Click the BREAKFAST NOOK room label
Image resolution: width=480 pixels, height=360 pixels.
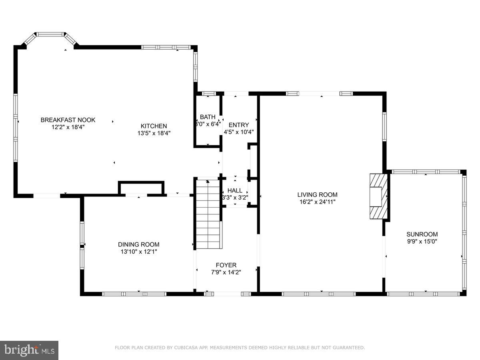point(68,120)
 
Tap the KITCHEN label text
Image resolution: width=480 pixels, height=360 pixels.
point(154,126)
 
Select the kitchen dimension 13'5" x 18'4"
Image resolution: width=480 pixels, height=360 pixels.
point(154,134)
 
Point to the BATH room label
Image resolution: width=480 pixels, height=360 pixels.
point(208,117)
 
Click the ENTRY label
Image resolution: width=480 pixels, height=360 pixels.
point(239,125)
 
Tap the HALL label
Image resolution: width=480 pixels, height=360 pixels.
point(235,190)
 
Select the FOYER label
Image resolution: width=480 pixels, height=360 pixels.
point(226,265)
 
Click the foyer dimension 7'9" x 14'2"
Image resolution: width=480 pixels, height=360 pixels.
point(226,272)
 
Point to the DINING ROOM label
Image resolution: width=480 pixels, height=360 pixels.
point(138,244)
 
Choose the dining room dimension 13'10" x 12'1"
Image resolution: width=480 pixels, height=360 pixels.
point(138,252)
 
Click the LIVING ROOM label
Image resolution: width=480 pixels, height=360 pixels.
point(317,195)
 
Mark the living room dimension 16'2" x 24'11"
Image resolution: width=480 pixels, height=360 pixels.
point(317,202)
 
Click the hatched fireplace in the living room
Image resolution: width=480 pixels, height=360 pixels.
point(378,196)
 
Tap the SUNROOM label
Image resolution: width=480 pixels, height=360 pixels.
point(422,234)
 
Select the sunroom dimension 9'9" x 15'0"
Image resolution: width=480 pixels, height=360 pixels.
point(422,241)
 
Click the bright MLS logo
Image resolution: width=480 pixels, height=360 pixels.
point(29,350)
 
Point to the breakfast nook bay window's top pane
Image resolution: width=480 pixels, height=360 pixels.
point(50,34)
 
